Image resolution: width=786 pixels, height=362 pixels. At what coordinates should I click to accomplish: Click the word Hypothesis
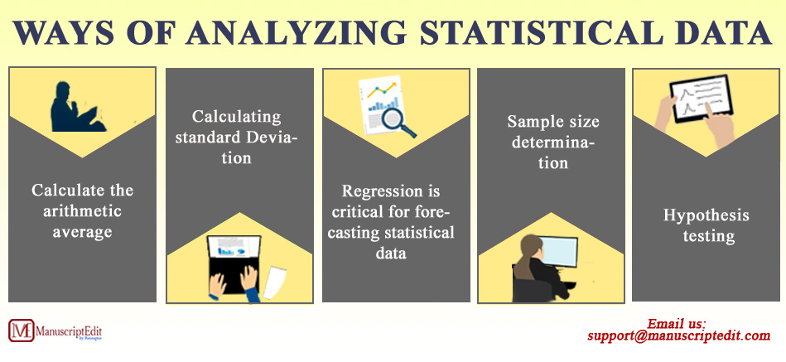pos(706,215)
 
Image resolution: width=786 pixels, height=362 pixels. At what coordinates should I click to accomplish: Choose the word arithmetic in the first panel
pos(82,211)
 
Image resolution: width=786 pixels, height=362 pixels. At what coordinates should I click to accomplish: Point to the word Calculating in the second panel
pos(237,117)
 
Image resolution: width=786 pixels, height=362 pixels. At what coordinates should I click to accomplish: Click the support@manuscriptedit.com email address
pos(679,336)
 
